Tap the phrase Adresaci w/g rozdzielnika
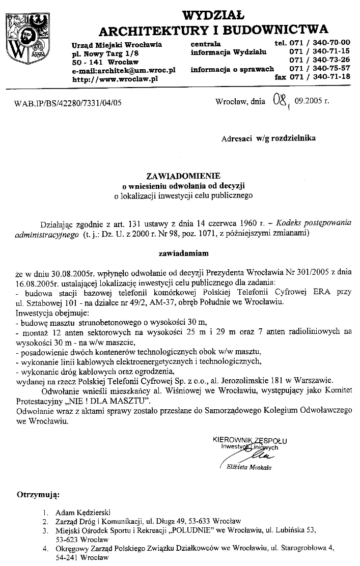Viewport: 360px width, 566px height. [268, 138]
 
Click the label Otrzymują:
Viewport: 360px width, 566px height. [39, 494]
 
